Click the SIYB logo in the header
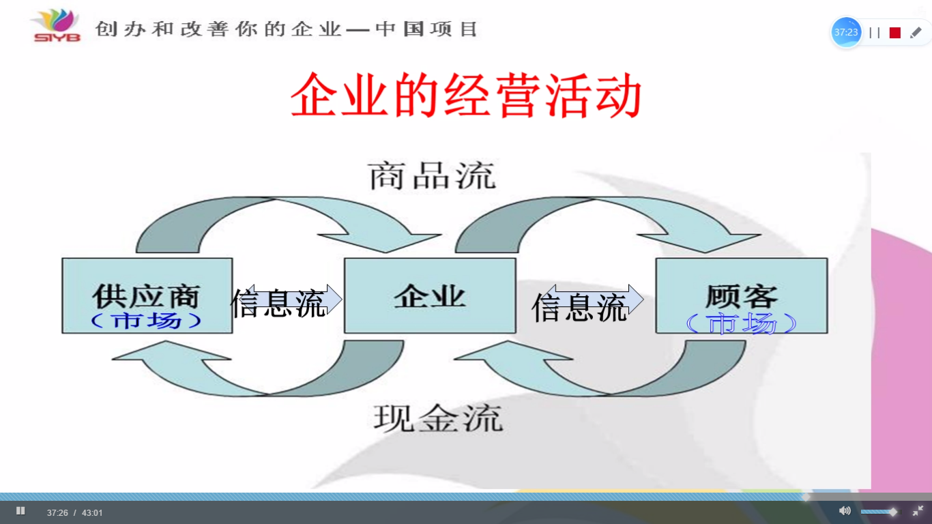coord(56,25)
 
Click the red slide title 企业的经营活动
coord(466,96)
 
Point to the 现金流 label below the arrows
coord(439,418)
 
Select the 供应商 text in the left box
coord(147,296)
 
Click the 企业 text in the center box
coord(430,296)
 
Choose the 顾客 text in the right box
coord(742,296)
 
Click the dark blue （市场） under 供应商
coord(147,321)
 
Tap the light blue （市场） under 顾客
coord(741,323)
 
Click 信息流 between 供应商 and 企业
coord(278,304)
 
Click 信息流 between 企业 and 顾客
coord(579,307)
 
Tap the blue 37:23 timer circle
coord(846,32)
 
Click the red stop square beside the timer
coord(895,33)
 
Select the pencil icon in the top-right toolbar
coord(916,33)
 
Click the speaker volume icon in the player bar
coord(844,510)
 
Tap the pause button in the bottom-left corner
coord(20,510)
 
